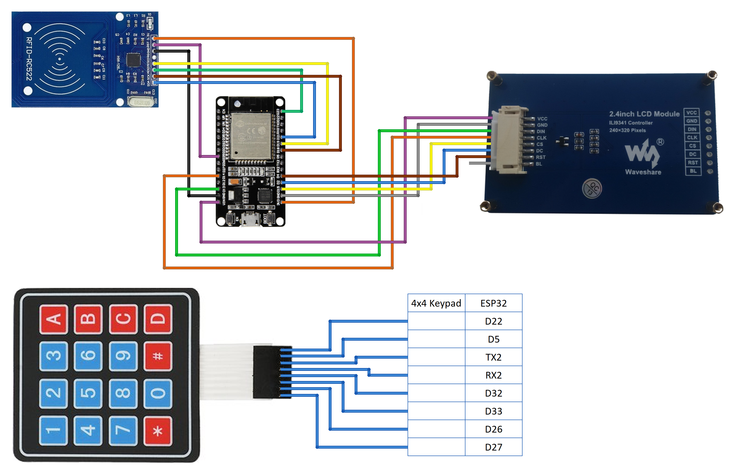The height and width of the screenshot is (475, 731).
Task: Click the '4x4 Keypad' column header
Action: [436, 303]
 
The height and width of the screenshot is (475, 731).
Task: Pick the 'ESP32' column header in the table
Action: [493, 303]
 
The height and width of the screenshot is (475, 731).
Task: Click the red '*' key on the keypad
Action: [158, 431]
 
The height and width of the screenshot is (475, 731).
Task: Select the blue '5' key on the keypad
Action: [88, 393]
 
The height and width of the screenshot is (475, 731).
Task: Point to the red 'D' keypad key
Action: [158, 319]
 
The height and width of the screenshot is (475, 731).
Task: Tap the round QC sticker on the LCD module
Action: [592, 188]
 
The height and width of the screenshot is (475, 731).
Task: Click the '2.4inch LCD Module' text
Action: [644, 114]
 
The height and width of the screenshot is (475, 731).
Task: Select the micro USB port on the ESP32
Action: [250, 219]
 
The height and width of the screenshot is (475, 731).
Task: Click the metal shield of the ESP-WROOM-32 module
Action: [251, 136]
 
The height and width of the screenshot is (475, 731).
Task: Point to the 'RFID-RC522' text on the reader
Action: [29, 59]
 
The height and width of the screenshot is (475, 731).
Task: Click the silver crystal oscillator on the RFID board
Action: [140, 102]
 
